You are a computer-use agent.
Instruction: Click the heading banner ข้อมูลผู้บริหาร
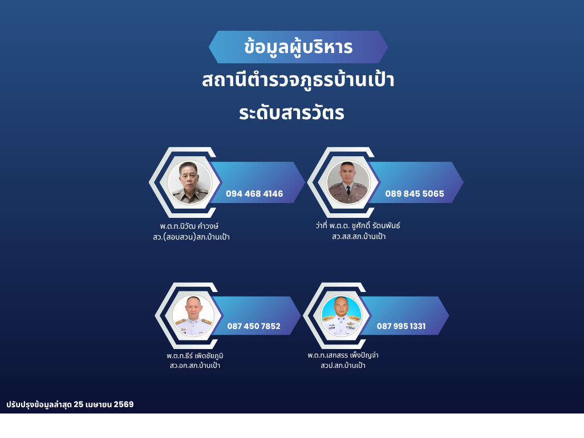point(298,47)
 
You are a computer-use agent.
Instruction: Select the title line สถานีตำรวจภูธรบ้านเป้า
point(298,80)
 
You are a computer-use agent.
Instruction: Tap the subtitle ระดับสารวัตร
point(291,112)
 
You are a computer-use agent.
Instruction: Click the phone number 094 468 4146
point(254,194)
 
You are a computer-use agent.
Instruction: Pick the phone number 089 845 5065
point(415,194)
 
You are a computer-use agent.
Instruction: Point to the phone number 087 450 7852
point(254,326)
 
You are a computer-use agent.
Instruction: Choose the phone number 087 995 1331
point(401,326)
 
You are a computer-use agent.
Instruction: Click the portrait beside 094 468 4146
point(190,182)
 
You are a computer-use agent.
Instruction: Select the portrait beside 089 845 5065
point(348,182)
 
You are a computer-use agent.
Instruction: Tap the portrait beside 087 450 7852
point(193,316)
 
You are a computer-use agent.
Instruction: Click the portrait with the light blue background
point(342,316)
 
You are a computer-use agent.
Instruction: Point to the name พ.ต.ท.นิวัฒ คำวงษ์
point(189,226)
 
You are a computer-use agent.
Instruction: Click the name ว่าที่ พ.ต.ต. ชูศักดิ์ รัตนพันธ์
point(358,225)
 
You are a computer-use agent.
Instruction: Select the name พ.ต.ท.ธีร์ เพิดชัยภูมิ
point(195,356)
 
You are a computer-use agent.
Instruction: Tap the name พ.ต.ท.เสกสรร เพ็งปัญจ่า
point(343,355)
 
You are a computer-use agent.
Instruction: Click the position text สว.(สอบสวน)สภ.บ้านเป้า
point(191,237)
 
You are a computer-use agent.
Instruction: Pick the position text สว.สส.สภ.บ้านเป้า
point(359,237)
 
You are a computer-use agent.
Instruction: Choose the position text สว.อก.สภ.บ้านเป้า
point(195,366)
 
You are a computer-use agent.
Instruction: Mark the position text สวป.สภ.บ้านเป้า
point(343,366)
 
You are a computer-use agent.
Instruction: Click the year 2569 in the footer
point(124,404)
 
